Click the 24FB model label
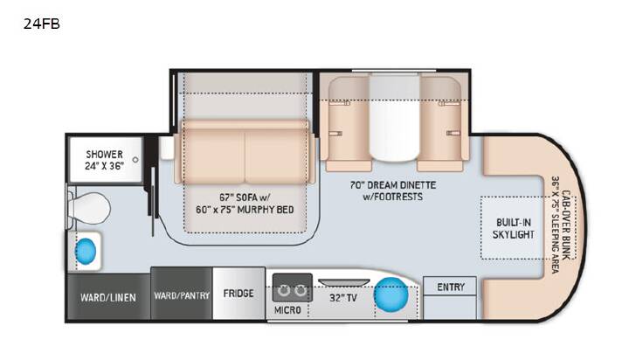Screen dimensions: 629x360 pyautogui.click(x=41, y=24)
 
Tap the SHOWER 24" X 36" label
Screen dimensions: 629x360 pyautogui.click(x=104, y=160)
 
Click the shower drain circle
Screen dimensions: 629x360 pyautogui.click(x=135, y=160)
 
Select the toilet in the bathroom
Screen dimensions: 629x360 pyautogui.click(x=89, y=208)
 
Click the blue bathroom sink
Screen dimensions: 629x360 pyautogui.click(x=86, y=251)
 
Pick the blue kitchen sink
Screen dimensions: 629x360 pyautogui.click(x=391, y=295)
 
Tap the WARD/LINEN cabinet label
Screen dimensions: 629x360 pyautogui.click(x=108, y=298)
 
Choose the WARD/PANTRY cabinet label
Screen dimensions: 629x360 pyautogui.click(x=182, y=296)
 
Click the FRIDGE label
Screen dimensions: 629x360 pyautogui.click(x=238, y=294)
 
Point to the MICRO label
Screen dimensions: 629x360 pyautogui.click(x=287, y=310)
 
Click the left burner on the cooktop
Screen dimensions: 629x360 pyautogui.click(x=285, y=290)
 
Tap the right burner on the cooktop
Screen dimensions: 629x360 pyautogui.click(x=300, y=290)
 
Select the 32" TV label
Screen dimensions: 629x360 pyautogui.click(x=343, y=298)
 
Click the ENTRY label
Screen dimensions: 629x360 pyautogui.click(x=451, y=287)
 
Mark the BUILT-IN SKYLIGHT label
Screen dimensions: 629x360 pyautogui.click(x=514, y=228)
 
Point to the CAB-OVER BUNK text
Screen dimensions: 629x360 pyautogui.click(x=566, y=225)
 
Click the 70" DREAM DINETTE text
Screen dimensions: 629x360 pyautogui.click(x=393, y=185)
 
